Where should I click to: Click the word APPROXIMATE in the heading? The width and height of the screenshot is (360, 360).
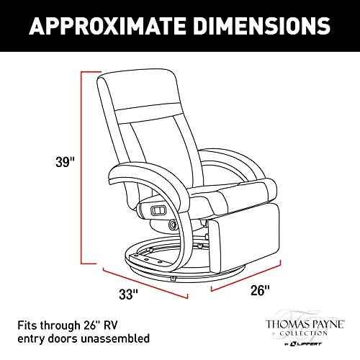(x=107, y=26)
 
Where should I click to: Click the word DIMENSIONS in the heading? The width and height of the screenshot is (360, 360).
(x=262, y=26)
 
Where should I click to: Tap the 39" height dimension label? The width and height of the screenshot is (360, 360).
(x=65, y=162)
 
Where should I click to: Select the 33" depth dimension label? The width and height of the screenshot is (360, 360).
(x=128, y=294)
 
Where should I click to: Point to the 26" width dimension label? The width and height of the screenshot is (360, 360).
(x=260, y=290)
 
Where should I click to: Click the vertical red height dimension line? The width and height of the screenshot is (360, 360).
(x=82, y=168)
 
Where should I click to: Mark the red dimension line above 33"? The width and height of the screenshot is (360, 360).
(x=145, y=283)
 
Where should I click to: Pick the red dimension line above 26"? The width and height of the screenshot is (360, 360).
(x=246, y=276)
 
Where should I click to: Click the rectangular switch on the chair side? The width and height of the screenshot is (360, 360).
(x=158, y=210)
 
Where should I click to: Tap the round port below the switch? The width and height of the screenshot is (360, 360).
(x=172, y=225)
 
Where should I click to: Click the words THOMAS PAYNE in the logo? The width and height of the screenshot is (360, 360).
(x=305, y=325)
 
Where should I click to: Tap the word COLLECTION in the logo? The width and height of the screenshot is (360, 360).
(x=304, y=333)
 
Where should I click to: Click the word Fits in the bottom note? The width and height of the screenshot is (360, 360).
(x=27, y=325)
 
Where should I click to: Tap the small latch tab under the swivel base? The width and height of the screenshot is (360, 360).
(x=173, y=279)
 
